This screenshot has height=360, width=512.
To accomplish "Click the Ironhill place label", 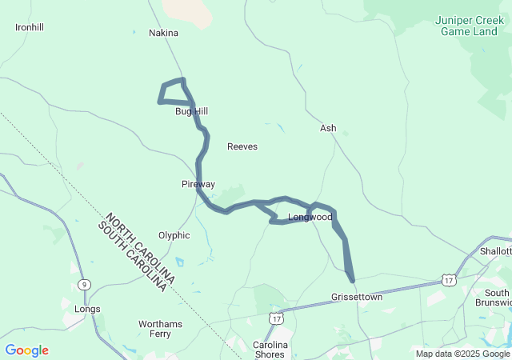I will click(x=30, y=27).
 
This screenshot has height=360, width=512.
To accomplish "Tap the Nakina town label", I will click(x=163, y=33).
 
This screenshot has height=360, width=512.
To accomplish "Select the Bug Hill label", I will click(x=191, y=111).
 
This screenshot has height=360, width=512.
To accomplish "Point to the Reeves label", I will click(x=242, y=146).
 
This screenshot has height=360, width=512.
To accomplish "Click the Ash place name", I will click(x=328, y=128).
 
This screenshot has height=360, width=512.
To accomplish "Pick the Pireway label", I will click(x=198, y=184).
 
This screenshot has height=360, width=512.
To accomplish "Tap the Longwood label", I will click(x=310, y=217).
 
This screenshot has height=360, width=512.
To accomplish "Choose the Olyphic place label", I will click(x=174, y=235).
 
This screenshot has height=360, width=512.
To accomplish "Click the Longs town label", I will click(x=86, y=309).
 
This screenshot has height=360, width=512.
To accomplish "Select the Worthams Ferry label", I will click(x=160, y=330).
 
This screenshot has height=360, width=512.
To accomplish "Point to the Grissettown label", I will click(x=357, y=297).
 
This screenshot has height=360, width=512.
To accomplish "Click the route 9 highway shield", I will click(x=83, y=284).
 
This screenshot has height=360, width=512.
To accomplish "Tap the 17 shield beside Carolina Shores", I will click(x=276, y=318).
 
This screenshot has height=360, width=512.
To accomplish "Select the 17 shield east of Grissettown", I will click(x=449, y=280).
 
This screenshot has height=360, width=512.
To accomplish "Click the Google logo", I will click(x=26, y=350).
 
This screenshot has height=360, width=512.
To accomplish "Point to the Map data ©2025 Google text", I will click(x=462, y=354).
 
